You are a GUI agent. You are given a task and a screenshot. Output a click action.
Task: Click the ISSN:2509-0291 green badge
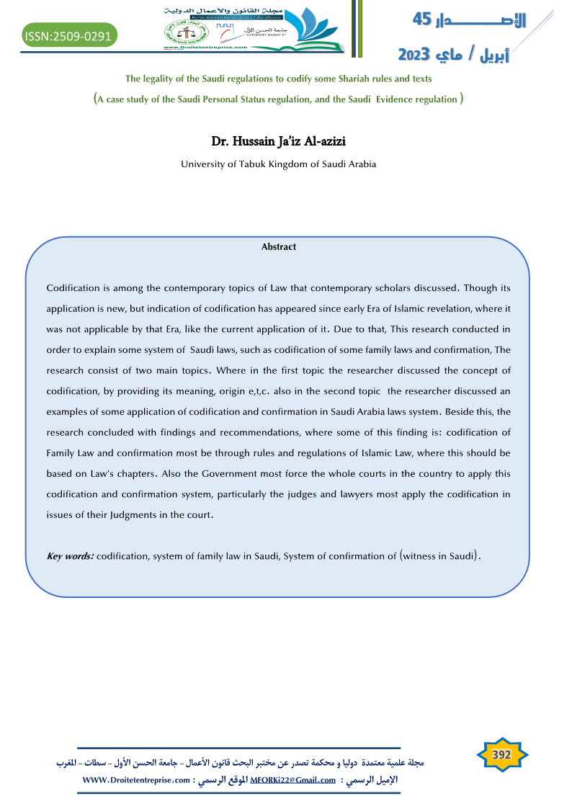click(x=69, y=34)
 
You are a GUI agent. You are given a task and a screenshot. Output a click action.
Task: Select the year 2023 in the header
click(x=415, y=55)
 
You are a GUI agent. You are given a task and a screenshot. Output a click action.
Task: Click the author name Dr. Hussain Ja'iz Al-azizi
click(x=278, y=142)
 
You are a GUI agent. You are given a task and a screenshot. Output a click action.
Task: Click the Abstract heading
click(x=279, y=247)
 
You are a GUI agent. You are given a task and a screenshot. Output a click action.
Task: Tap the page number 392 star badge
click(x=501, y=754)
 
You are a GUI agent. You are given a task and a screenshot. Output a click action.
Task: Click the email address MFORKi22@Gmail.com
click(x=292, y=780)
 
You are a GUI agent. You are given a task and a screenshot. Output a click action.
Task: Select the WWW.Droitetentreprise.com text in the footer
click(x=136, y=780)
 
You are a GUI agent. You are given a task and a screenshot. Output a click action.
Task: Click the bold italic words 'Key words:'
click(x=70, y=556)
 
